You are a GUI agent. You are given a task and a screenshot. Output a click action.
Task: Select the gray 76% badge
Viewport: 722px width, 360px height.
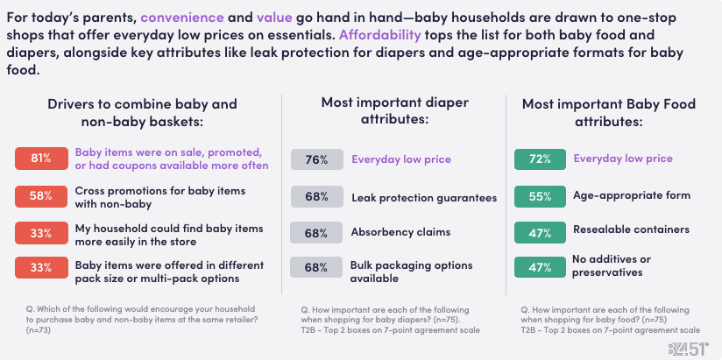coord(317,159)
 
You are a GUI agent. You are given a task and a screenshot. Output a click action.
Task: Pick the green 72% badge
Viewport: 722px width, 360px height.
coord(540,159)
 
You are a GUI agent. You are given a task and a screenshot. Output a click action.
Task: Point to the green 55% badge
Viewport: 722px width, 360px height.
coord(540,195)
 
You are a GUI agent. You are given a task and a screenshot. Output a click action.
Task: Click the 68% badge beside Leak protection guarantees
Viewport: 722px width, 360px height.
coord(317,197)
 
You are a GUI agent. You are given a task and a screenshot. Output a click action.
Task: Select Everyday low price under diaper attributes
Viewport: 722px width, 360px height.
coord(401,159)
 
